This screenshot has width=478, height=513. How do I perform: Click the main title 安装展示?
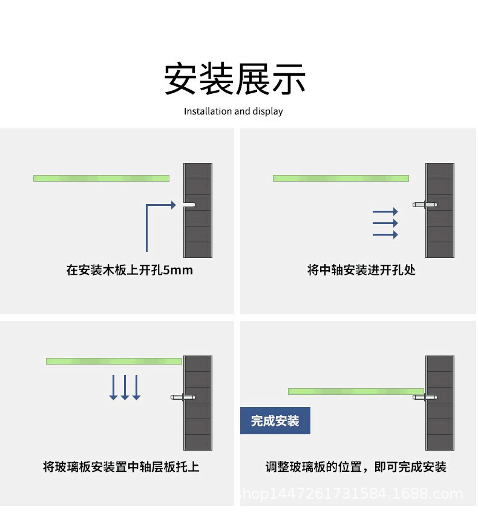[235, 79]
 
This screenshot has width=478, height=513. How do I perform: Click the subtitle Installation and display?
[234, 111]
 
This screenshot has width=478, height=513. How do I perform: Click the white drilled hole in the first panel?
[189, 205]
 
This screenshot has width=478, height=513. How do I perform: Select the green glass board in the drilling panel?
[102, 178]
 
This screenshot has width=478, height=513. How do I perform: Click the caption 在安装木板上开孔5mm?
[129, 270]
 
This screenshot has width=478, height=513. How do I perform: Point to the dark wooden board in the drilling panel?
[198, 210]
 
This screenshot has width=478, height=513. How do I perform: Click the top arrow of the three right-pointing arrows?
[385, 211]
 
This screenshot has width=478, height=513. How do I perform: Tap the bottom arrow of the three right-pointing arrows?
[385, 234]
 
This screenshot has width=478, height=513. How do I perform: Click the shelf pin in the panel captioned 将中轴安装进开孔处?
[425, 205]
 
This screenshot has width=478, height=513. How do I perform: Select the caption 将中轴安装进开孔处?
[361, 270]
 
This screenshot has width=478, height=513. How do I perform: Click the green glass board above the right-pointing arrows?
[341, 178]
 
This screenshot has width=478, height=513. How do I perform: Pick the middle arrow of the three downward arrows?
[125, 388]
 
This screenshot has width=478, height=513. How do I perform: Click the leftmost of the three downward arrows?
[113, 388]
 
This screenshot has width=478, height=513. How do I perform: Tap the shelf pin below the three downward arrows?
[183, 397]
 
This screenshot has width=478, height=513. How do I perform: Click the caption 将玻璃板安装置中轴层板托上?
[121, 467]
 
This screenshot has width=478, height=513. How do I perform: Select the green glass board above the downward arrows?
[114, 361]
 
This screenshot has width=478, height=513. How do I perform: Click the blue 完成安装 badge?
[275, 421]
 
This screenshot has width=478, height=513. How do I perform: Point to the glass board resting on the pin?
[356, 392]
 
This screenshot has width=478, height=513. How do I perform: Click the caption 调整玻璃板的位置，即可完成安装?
[356, 467]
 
